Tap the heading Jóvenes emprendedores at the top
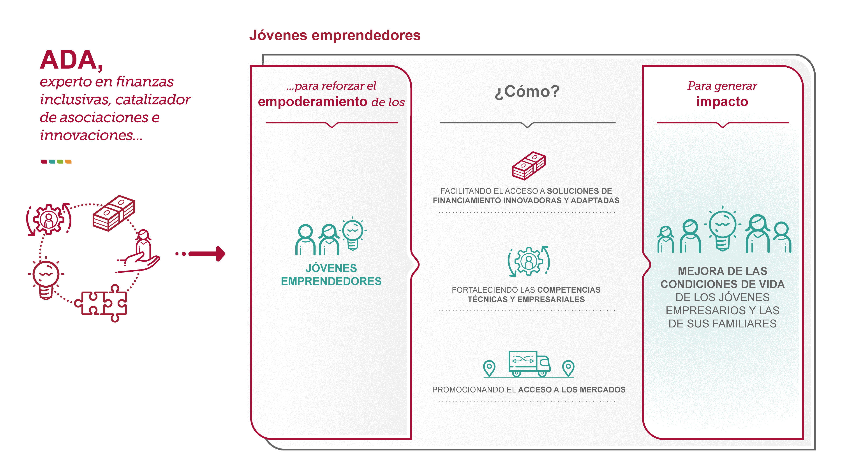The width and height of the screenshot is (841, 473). [335, 35]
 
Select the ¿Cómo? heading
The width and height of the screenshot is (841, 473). [527, 91]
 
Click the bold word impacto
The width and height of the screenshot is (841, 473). [722, 102]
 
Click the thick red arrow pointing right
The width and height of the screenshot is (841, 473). [207, 254]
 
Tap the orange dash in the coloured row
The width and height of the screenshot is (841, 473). [68, 162]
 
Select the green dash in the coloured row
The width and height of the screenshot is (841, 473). [60, 162]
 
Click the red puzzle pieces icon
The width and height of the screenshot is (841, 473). [101, 303]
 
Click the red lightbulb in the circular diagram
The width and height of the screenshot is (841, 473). [46, 278]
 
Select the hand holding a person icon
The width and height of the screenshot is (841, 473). [138, 251]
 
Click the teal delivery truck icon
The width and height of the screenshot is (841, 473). [529, 364]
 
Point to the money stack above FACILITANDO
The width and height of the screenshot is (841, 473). [529, 165]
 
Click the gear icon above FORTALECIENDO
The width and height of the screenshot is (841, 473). [529, 261]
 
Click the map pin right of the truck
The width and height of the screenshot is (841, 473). [568, 368]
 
